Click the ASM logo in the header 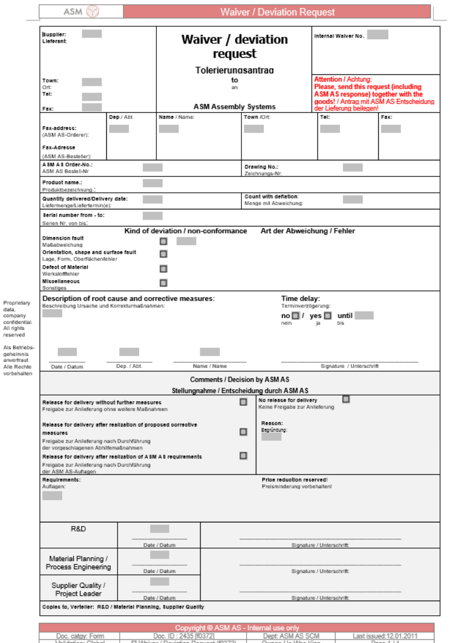click(x=82, y=12)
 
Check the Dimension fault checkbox click(x=164, y=241)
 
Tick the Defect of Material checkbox click(x=164, y=269)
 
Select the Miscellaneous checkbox click(x=164, y=283)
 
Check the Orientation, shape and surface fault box click(x=164, y=254)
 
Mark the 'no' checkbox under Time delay click(x=296, y=316)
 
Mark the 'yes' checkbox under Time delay click(x=328, y=316)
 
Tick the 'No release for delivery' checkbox click(x=346, y=399)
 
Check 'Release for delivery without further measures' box click(x=244, y=402)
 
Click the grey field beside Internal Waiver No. click(x=378, y=35)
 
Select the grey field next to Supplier click(x=92, y=34)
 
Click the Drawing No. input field click(x=352, y=167)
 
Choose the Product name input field click(x=153, y=183)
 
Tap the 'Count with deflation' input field click(x=352, y=200)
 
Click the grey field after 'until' click(x=364, y=316)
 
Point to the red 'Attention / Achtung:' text click(x=343, y=79)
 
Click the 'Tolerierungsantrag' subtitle click(x=234, y=70)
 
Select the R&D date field click(x=159, y=529)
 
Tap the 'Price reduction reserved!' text click(x=295, y=480)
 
